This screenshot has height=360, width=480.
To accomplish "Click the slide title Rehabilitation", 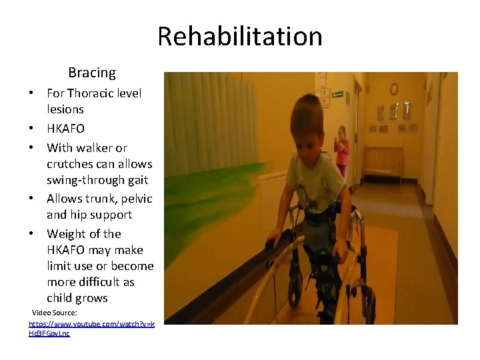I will (240, 36).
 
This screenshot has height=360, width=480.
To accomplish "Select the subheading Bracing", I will (92, 73).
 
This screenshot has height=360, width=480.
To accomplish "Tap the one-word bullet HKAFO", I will (65, 128).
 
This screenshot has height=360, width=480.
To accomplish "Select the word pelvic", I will (136, 199).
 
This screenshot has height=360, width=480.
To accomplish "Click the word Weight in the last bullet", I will (65, 234).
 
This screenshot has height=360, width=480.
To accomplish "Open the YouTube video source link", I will (91, 328).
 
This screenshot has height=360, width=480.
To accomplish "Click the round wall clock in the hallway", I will (393, 89).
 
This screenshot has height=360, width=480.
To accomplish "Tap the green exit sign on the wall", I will (338, 95).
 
